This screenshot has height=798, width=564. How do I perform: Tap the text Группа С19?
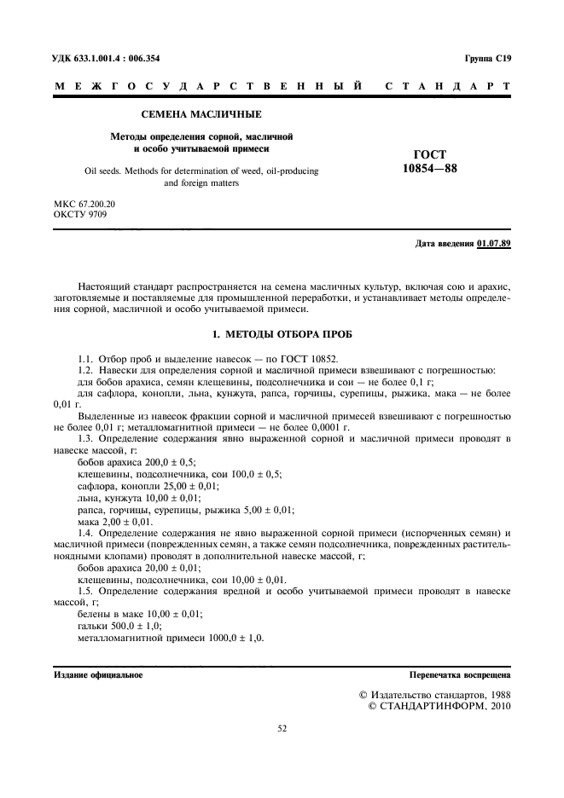487,58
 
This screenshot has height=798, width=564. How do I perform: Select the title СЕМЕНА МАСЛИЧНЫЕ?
201,113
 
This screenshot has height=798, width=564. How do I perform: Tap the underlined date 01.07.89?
494,244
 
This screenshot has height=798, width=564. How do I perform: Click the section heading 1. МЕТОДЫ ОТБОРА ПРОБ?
282,332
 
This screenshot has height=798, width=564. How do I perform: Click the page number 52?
282,729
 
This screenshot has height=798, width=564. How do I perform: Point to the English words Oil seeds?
104,171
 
